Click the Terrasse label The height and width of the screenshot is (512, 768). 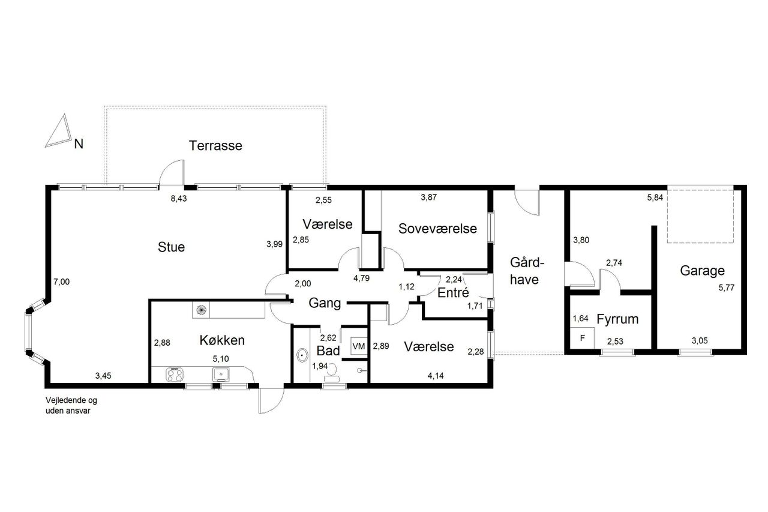click(215, 146)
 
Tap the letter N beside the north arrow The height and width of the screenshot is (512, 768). click(79, 144)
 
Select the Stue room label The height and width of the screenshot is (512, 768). click(171, 247)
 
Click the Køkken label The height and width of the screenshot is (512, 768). click(222, 340)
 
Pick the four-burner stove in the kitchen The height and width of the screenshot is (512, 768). click(175, 375)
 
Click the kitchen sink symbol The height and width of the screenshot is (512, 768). click(221, 375)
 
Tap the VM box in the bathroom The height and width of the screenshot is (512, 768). click(359, 346)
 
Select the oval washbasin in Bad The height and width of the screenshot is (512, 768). click(302, 355)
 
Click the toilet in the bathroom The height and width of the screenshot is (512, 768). click(332, 374)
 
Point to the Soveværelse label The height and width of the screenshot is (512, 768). click(437, 229)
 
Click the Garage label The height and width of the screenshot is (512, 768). click(702, 271)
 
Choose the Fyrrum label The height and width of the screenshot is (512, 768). click(617, 319)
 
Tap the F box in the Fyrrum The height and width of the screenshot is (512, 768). click(582, 339)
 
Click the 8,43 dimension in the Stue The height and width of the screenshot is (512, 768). click(179, 199)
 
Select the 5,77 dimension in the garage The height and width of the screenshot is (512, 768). click(727, 288)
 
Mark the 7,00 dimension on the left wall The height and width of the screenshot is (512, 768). click(61, 282)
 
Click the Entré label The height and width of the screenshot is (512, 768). click(453, 292)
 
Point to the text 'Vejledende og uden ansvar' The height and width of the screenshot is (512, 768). click(71, 405)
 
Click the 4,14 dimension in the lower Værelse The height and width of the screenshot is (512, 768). click(436, 376)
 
